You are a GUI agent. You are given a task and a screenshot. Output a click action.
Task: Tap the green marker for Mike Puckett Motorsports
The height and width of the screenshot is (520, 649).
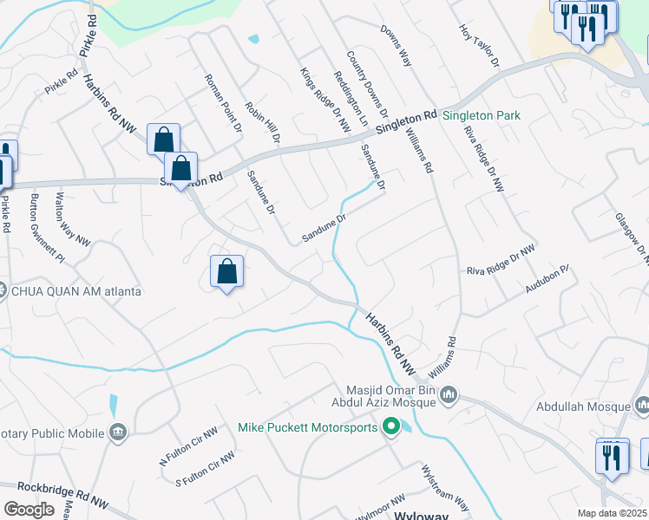tap(391, 426)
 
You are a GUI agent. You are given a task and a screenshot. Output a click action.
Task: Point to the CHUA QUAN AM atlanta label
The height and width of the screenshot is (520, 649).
tap(76, 291)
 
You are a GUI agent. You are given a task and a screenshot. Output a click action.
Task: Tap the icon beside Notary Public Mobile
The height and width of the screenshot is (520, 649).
tap(118, 432)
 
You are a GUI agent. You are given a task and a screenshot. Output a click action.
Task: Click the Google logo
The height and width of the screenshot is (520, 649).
tap(29, 510)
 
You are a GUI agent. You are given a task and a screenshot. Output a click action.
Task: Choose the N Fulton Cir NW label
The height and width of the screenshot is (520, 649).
tap(189, 445)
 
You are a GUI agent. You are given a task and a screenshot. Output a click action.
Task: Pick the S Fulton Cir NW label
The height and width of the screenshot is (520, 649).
tap(205, 469)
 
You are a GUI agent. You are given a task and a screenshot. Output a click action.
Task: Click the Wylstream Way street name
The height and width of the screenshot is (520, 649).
tap(444, 491)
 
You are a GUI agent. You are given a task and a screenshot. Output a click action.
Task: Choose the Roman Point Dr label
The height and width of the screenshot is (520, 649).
tap(223, 101)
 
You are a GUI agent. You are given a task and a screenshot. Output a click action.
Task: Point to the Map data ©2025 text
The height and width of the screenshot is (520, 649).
tap(613, 513)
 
